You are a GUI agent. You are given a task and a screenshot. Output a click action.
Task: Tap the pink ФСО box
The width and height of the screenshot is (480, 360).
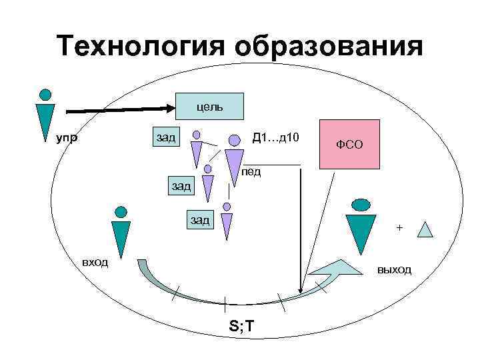[x=350, y=143]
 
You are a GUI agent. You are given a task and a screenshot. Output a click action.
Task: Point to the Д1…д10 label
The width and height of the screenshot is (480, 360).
[x=276, y=138]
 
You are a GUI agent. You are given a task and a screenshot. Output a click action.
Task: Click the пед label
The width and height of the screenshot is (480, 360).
[x=251, y=171]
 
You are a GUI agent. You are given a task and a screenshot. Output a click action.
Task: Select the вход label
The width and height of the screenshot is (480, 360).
[x=95, y=261]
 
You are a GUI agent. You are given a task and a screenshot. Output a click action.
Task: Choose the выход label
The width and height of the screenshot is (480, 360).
[x=394, y=269]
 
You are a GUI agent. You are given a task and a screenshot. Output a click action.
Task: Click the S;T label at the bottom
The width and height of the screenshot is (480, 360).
[x=241, y=326]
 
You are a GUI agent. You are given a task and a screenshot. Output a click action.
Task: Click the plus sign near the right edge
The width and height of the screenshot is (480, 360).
[x=399, y=228]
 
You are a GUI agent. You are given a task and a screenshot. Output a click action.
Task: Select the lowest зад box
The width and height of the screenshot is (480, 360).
[x=199, y=219]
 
